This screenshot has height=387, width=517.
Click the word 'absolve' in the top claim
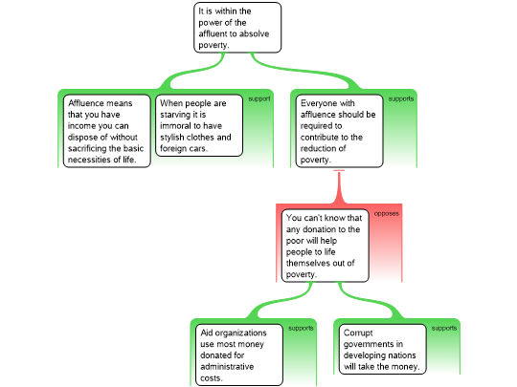255,33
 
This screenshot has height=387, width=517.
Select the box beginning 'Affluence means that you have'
107,131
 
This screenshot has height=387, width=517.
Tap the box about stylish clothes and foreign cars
199,125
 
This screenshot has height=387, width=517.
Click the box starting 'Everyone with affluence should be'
340,131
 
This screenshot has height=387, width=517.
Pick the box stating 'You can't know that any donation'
326,246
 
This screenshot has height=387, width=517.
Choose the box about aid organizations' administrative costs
239,355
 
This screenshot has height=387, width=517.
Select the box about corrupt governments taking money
383,349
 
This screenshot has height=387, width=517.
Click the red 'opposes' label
387,214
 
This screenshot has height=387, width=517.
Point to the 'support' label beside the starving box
259,98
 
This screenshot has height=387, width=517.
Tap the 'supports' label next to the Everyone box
401,98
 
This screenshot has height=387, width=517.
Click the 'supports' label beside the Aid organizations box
301,328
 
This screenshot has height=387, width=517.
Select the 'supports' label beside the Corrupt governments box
444,328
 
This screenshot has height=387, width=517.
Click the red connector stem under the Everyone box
339,186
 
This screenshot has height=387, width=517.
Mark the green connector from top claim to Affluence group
192,71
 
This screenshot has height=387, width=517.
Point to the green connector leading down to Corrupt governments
370,300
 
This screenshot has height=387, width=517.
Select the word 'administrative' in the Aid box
227,367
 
